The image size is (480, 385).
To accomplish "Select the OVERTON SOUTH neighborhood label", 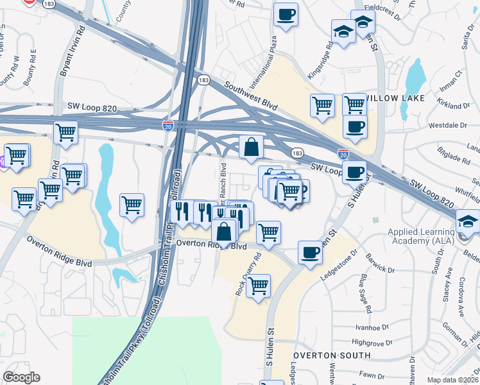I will tap(332, 355).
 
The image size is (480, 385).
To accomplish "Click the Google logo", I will tap(21, 377).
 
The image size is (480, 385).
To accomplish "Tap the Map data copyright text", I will tap(453, 380).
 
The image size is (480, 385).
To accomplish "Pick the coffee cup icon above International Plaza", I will tap(286, 13).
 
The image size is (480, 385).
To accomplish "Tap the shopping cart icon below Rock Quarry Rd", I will tap(258, 286).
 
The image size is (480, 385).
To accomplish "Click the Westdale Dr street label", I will tap(446, 125).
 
